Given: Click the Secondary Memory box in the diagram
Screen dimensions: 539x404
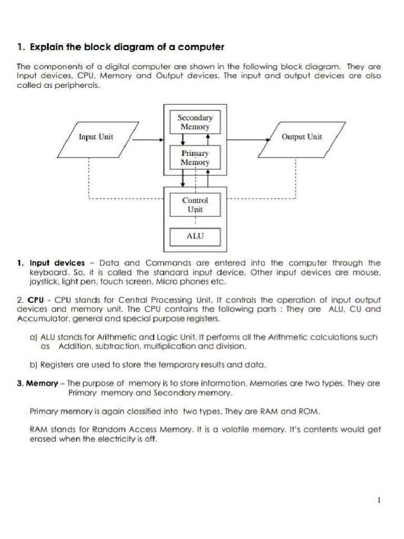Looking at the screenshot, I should pos(195,122).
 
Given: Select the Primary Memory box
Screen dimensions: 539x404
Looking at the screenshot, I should pos(195,158).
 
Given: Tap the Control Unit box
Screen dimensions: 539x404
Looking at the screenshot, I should pos(195,205).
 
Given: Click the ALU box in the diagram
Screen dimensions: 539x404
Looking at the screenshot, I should pos(195,236).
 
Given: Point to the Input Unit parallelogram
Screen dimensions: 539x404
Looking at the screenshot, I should pos(96,137).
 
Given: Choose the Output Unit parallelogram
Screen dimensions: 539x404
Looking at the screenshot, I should pos(301,137).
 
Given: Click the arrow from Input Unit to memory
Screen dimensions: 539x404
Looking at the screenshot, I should pos(147,140).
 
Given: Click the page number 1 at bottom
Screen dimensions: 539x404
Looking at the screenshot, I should pos(379,501).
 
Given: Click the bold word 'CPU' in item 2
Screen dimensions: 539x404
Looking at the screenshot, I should pos(35,300).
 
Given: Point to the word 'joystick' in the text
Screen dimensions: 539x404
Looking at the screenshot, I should pos(45,282).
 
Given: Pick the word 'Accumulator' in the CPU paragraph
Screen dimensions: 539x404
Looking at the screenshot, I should pos(41,318).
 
